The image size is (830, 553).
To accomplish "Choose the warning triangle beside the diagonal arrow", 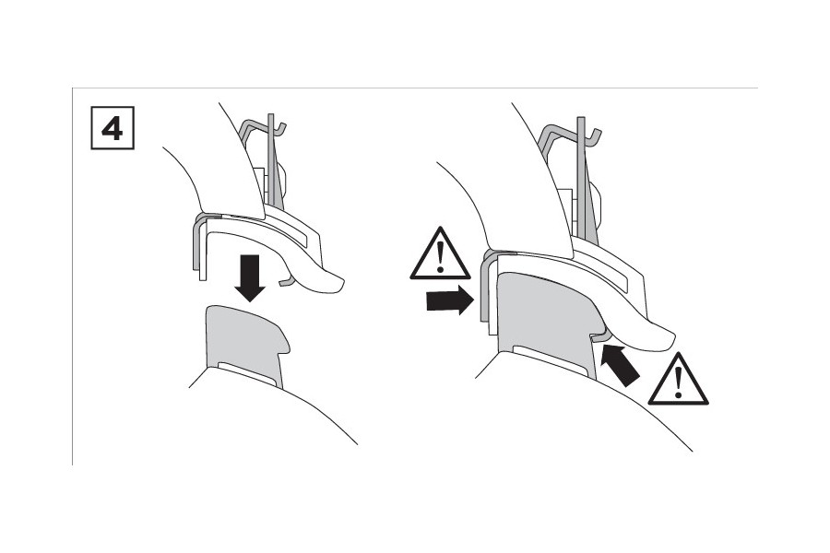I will pos(679,380).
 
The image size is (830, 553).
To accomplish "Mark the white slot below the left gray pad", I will pos(247,372).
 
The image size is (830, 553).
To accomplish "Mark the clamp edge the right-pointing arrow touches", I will pos(483,290).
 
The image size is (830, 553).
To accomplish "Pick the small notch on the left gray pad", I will pos(287,342).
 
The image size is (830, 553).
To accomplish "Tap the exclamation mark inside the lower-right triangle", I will pos(679,382).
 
